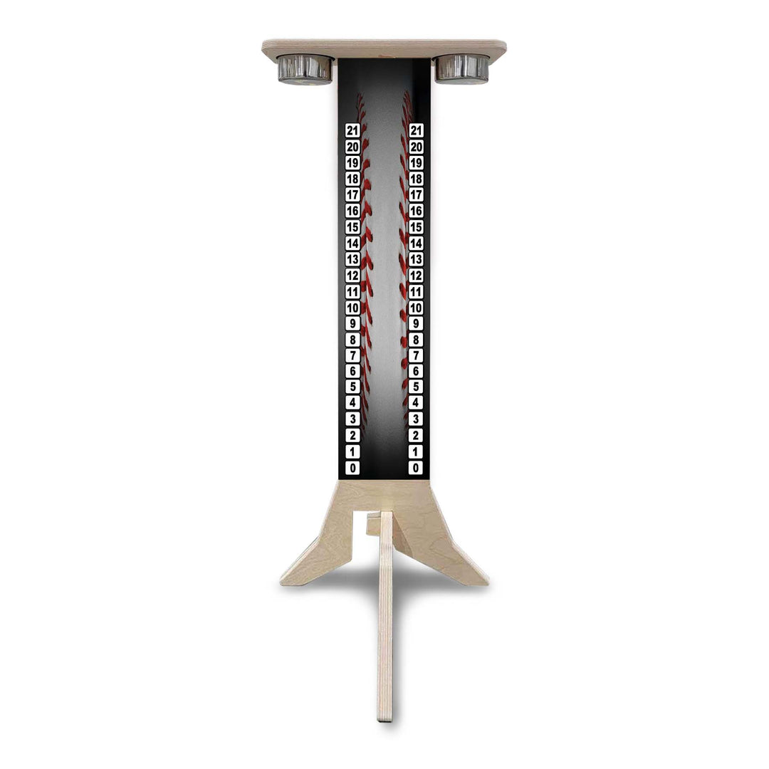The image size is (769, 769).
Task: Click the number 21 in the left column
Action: (x=352, y=130)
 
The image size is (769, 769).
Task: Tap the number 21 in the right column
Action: (x=417, y=130)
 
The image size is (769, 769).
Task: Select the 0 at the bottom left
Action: (x=352, y=468)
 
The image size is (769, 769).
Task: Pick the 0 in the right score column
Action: (x=416, y=468)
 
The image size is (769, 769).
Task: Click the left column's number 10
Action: (x=352, y=308)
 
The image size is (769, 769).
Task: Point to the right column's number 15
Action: (x=417, y=227)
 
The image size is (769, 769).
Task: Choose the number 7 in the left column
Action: (x=352, y=355)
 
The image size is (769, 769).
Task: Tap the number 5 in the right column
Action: (x=416, y=387)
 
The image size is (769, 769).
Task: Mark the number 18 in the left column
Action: (x=352, y=179)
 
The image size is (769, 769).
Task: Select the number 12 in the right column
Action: (x=417, y=276)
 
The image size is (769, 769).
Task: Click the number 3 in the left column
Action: (x=352, y=419)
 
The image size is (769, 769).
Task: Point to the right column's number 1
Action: (x=416, y=451)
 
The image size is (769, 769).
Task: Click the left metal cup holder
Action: (x=305, y=69)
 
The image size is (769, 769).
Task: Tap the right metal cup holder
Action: (x=462, y=68)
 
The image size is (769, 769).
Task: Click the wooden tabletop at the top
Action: (x=384, y=48)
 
